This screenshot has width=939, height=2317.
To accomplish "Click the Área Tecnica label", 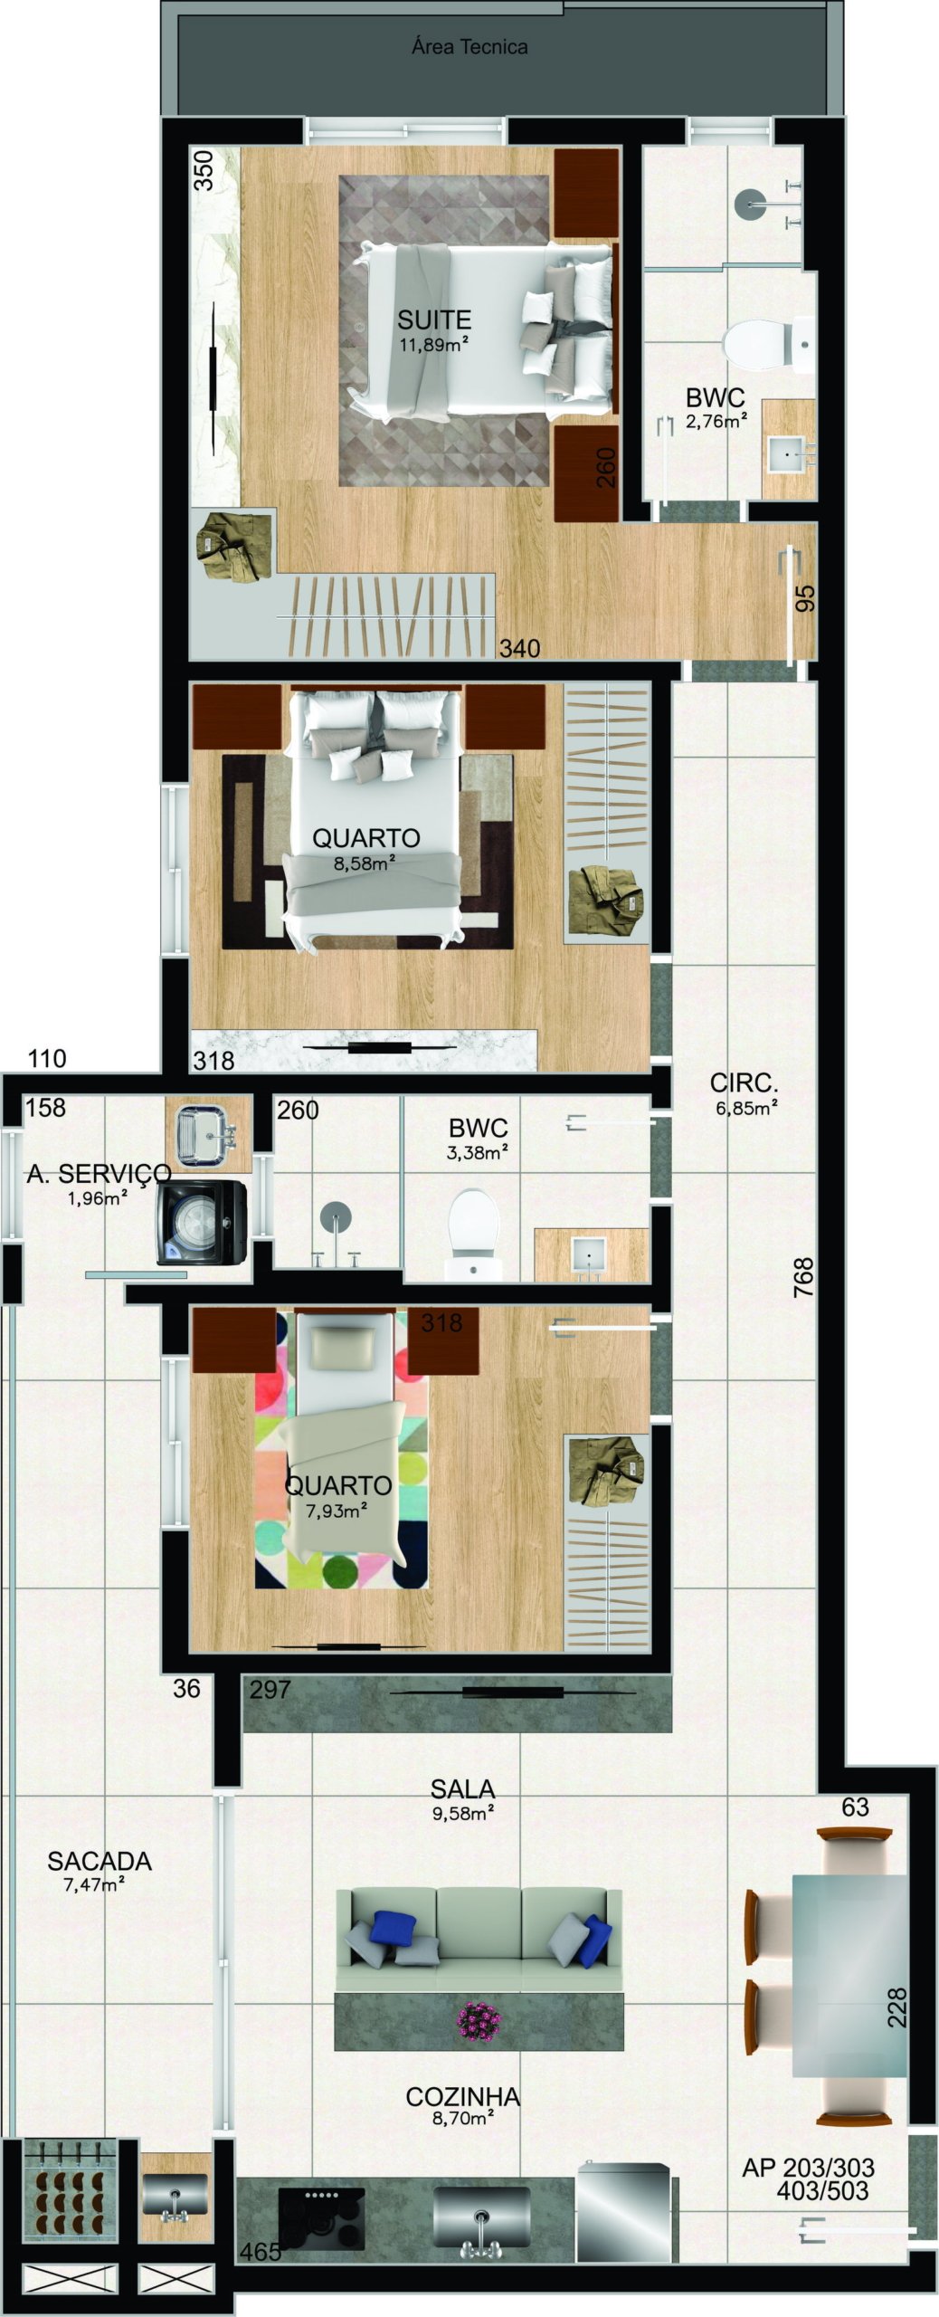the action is (x=469, y=47).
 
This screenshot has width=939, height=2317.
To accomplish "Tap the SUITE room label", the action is (x=434, y=319).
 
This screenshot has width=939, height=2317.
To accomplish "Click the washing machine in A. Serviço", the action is (x=202, y=1222).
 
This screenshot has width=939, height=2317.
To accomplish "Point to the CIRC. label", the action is (x=744, y=1082).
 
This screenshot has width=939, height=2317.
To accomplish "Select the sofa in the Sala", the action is (x=479, y=1939).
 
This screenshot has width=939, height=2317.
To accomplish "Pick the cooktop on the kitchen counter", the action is (x=321, y=2217).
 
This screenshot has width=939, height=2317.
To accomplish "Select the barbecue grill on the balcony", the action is (x=69, y=2188).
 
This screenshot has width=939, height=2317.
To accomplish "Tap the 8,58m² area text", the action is (x=365, y=863).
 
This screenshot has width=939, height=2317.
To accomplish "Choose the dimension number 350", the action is (x=205, y=170).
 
